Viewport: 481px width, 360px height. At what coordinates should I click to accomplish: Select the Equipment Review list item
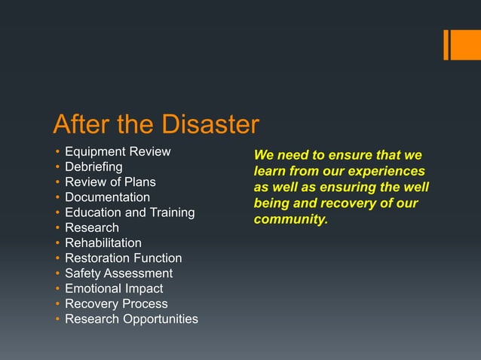click(x=118, y=152)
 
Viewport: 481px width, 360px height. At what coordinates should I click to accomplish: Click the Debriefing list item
click(x=93, y=167)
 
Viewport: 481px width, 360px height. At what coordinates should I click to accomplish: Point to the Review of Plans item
click(x=110, y=182)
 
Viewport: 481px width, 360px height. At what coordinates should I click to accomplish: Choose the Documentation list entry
click(x=107, y=197)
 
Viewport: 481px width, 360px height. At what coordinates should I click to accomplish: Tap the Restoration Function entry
click(x=123, y=258)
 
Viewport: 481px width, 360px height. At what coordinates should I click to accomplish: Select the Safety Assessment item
click(x=118, y=273)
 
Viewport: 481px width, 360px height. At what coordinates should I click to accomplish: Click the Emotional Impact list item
click(x=114, y=288)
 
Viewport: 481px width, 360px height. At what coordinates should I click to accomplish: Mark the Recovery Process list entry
click(x=116, y=304)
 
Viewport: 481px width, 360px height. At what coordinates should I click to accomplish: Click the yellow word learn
click(x=268, y=172)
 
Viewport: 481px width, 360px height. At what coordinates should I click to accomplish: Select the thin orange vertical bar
click(x=446, y=44)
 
